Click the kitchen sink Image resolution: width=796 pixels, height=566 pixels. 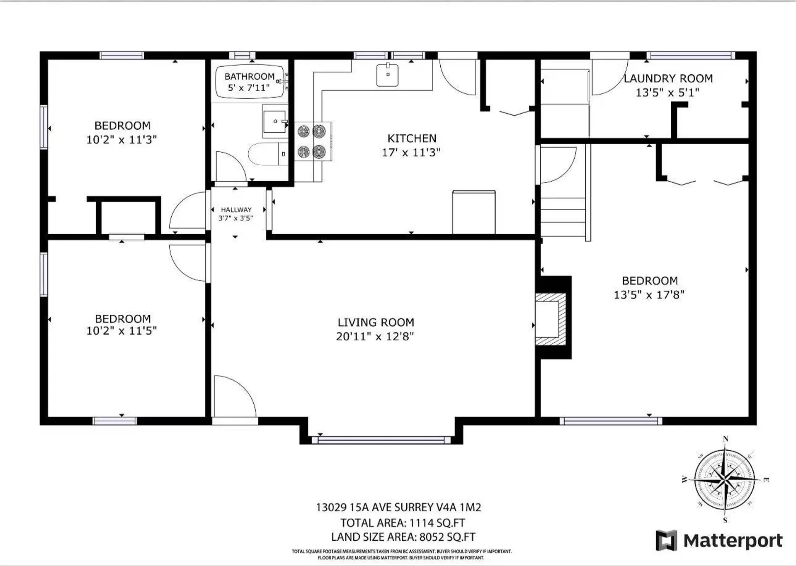point(387,75)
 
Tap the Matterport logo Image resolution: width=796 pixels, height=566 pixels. point(719,541)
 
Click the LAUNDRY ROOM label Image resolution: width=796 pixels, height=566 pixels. point(668,78)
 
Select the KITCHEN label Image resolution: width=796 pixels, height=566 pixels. point(412,138)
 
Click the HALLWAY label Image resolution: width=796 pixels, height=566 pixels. point(236,210)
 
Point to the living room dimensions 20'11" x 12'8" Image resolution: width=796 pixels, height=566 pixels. point(375,336)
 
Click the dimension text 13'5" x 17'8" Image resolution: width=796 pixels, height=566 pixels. point(649,295)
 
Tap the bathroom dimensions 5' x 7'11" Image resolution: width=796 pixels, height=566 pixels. point(249,88)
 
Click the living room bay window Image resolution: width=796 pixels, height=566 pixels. point(381,440)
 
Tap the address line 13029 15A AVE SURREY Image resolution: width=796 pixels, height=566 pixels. point(398,508)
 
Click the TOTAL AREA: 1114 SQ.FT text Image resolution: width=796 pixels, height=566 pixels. point(403,523)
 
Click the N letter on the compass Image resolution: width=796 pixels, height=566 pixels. point(725,439)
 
